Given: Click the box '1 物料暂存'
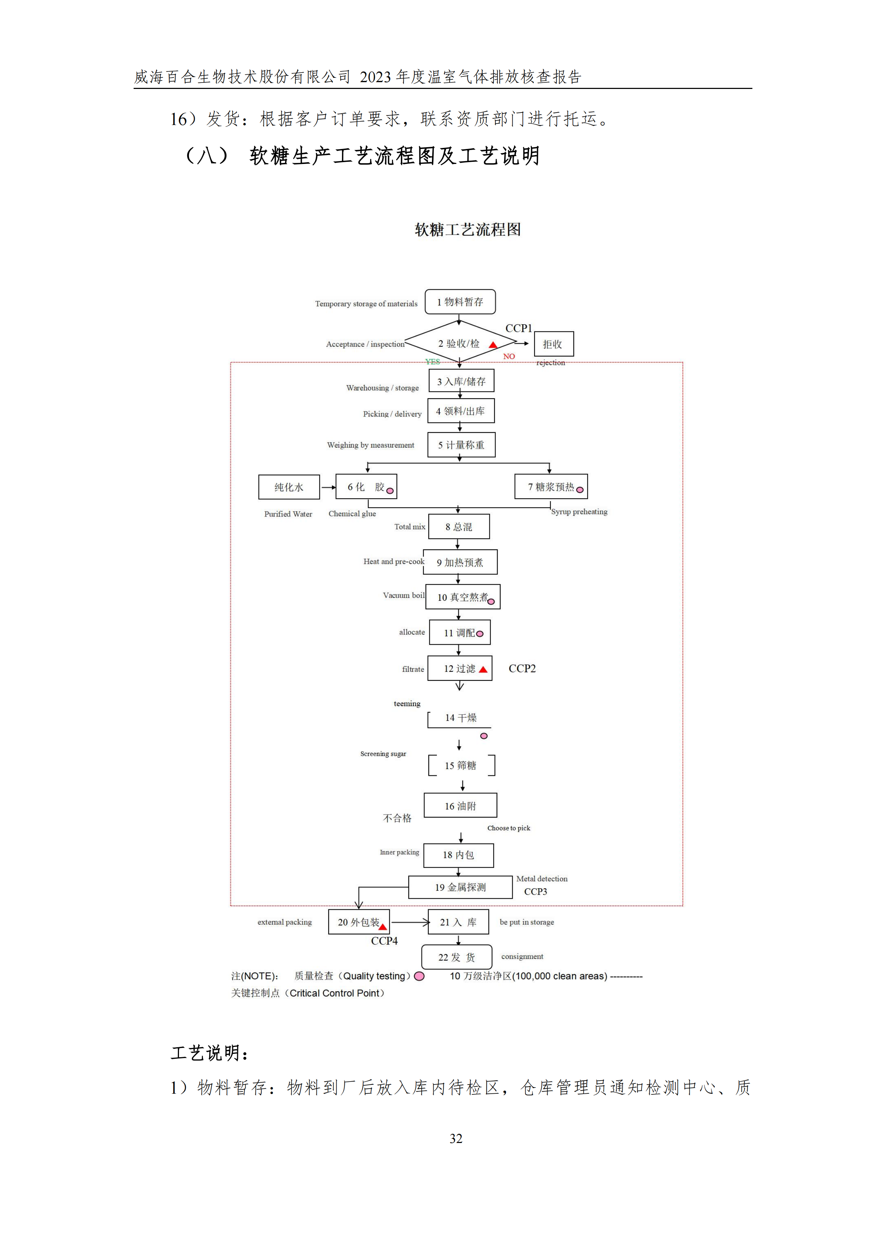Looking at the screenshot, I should click(x=460, y=302).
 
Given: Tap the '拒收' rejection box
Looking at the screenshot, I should click(x=553, y=344).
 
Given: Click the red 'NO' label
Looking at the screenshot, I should click(x=509, y=356).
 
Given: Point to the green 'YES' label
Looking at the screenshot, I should click(x=432, y=361).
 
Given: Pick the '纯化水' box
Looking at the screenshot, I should click(x=289, y=487).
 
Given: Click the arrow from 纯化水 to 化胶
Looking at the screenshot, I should click(x=328, y=487).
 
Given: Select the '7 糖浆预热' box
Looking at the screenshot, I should click(x=551, y=487).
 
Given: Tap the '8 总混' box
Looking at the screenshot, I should click(x=459, y=526).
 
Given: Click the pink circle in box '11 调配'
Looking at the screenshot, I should click(x=480, y=634).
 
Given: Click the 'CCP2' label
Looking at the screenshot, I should click(x=522, y=669).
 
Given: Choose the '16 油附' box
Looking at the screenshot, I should click(x=460, y=805).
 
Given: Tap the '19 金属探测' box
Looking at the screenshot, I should click(x=460, y=887).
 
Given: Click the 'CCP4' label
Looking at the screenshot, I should click(x=384, y=941).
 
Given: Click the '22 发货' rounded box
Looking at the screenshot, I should click(x=456, y=957).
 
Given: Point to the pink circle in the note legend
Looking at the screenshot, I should click(x=419, y=976).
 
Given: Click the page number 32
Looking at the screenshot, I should click(x=456, y=1138).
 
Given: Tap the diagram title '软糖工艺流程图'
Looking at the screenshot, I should click(x=467, y=230).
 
